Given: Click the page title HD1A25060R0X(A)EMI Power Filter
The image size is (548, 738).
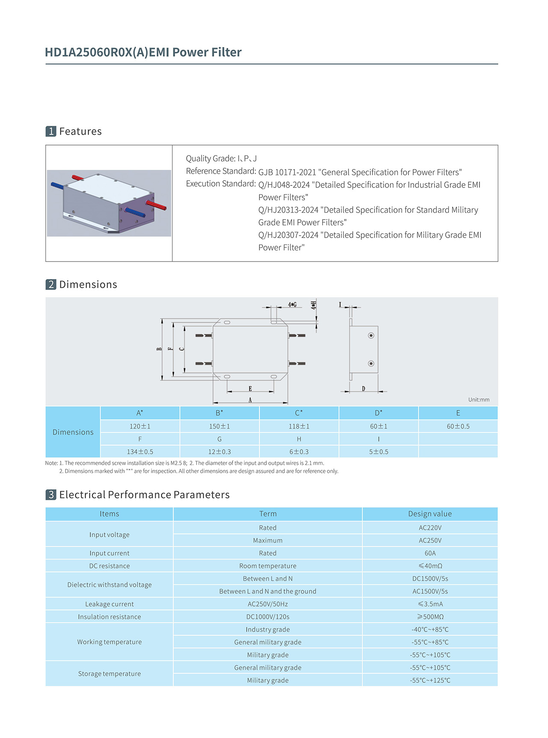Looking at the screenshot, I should pos(143,52).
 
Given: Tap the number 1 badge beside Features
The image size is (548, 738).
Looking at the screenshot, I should pos(51,131).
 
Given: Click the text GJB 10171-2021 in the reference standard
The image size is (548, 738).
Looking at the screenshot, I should pos(287,172).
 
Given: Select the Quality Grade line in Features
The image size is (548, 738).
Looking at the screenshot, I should pos(221,158).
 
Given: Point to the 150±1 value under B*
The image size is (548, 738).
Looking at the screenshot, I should pos(219,426).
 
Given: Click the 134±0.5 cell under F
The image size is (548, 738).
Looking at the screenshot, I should pos(140,452).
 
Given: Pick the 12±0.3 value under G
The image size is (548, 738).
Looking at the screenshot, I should pos(219,452).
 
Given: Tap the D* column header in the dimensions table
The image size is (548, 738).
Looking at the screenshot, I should pos(378,413).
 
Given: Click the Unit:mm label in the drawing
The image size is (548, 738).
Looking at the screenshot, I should pos(479,399).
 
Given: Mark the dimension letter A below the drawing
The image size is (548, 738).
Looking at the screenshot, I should pos(250,400).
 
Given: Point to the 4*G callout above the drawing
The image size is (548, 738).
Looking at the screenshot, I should pos(292,304).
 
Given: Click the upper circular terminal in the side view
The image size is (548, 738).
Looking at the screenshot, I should pos(371,335).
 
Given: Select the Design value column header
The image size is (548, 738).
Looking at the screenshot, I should pos(430,514).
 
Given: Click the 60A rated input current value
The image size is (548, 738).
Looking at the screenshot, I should pos(430,553).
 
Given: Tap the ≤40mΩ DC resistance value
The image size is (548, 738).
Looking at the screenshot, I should pos(430,566).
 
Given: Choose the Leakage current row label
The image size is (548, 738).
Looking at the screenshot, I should pos(109,604).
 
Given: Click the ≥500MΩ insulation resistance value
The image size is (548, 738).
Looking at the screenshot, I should pos(430,617).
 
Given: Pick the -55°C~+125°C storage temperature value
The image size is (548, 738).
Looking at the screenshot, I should pos(430,680).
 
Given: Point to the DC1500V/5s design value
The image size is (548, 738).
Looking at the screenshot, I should pos(430,579).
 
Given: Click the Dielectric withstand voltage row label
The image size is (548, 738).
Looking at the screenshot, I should pos(109,585).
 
